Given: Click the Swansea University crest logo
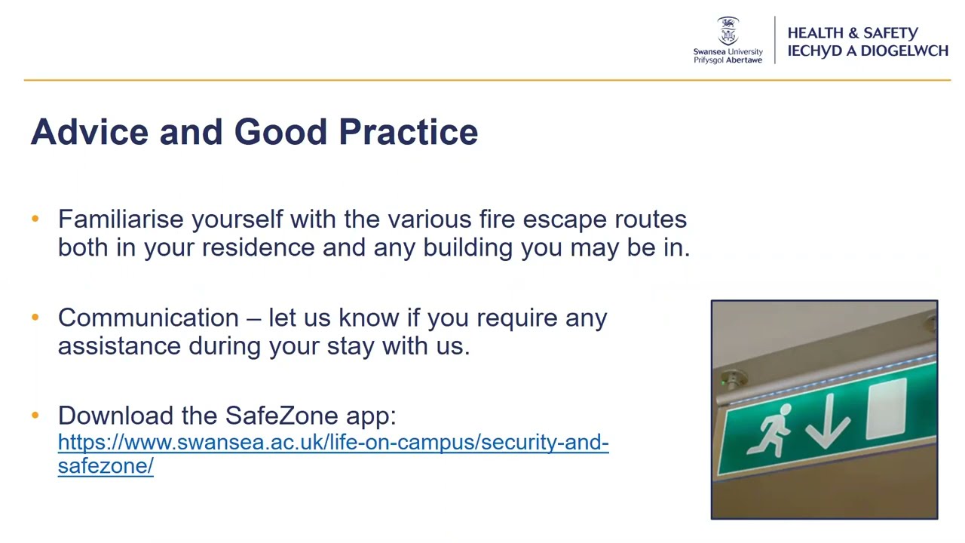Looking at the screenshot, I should click(x=728, y=31).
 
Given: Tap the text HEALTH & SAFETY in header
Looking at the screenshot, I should click(x=852, y=33).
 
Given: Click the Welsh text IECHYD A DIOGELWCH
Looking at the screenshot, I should click(x=867, y=51).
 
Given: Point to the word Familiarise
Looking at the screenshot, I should click(x=121, y=219).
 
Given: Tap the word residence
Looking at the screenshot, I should click(x=259, y=247).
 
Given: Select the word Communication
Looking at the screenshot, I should click(x=148, y=318).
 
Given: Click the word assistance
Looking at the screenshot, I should click(x=120, y=346).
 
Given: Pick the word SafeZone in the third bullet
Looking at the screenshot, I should click(x=282, y=416).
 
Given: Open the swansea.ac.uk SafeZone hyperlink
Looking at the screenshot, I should click(x=332, y=443).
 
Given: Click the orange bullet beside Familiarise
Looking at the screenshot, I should click(x=35, y=219).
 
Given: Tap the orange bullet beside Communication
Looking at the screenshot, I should click(x=35, y=318).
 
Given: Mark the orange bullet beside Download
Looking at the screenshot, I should click(x=35, y=416).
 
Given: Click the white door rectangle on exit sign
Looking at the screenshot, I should click(x=887, y=410).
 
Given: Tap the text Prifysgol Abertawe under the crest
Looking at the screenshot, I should click(x=728, y=60).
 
